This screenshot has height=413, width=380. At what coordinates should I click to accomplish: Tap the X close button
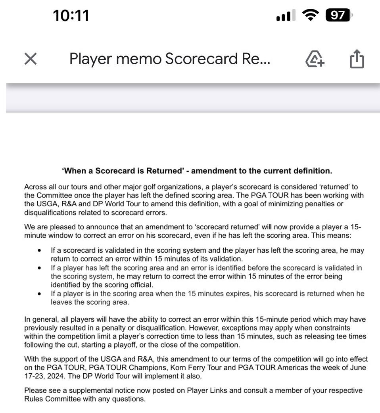pos(31,59)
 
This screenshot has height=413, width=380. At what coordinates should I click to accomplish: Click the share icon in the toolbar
pos(357,59)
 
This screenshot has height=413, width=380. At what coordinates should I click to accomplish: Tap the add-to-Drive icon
pos(315,59)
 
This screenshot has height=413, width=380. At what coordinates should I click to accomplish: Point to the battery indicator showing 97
pos(338,15)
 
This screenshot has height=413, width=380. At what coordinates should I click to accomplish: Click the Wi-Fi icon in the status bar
pos(310,15)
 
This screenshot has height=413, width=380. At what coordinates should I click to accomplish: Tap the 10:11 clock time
pos(71,15)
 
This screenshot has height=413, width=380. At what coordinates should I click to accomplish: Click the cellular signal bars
pos(285,16)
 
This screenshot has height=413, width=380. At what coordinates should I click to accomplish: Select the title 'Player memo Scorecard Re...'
pos(170,59)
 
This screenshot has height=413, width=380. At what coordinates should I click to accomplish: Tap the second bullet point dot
pos(39,268)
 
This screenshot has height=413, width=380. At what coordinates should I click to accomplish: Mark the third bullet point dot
pos(39,294)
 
